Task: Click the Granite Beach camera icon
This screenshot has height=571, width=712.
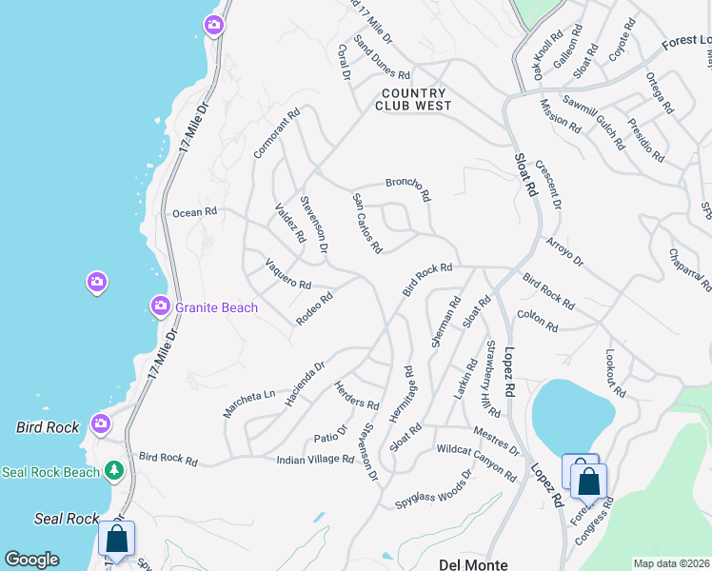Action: tap(161, 306)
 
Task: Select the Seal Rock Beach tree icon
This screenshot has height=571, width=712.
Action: tap(114, 470)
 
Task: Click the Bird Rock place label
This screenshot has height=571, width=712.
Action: tap(48, 427)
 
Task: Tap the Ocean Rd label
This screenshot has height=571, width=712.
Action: tap(195, 212)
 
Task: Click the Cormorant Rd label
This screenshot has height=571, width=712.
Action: tap(277, 132)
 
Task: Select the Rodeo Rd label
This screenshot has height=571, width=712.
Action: tap(314, 308)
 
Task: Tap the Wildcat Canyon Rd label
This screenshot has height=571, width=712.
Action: tap(476, 462)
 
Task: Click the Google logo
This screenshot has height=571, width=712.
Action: tap(31, 560)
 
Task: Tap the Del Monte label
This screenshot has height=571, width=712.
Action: tap(473, 564)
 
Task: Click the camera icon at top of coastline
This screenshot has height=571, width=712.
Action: tap(214, 25)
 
